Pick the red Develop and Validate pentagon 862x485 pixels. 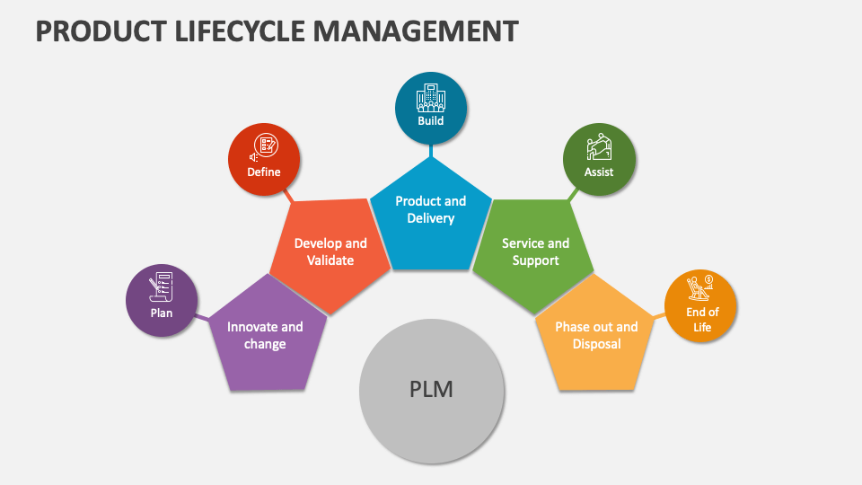coord(330,254)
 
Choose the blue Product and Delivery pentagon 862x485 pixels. coord(431,212)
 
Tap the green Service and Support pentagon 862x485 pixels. coord(535,254)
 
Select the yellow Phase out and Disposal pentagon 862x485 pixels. coord(596,338)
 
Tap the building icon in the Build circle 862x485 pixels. coord(431,97)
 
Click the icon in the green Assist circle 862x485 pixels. coord(599,147)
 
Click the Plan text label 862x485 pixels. coord(162,313)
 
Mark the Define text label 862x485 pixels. coord(264,172)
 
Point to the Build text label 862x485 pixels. coord(431,120)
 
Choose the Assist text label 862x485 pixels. coord(599,172)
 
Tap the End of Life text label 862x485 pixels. coord(701,320)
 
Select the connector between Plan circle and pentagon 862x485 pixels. coord(203,317)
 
